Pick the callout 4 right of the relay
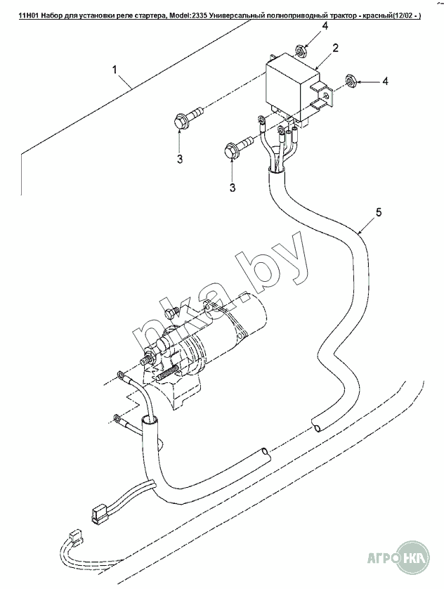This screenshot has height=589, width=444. coord(384,82)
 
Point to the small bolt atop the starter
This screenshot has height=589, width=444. coord(169,311)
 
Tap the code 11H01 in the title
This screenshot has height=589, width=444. coord(30,6)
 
